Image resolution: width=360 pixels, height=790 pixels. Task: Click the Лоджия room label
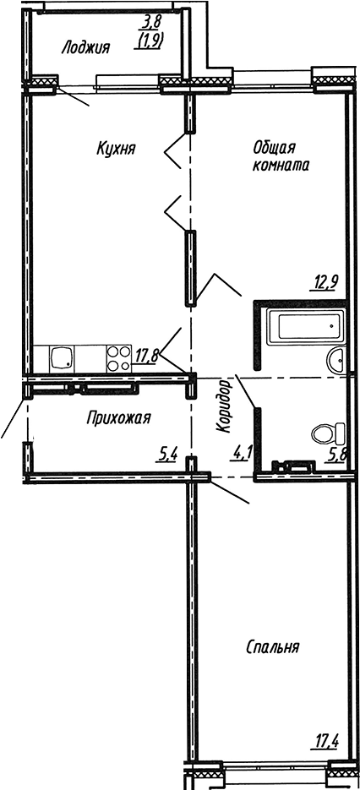point(85,48)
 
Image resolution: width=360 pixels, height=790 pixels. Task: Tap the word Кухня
point(116,149)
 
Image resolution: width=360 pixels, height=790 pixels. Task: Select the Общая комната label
point(280,156)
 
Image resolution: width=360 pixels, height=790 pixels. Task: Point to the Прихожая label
point(118,417)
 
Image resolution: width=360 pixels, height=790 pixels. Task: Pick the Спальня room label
point(274,648)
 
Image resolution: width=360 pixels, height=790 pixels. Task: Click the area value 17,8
point(147,355)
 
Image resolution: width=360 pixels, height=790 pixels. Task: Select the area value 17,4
point(327,744)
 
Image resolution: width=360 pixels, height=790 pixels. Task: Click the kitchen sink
point(62,358)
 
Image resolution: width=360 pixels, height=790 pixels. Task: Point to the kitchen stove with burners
point(117,358)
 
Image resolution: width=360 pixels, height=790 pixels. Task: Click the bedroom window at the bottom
point(273,771)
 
